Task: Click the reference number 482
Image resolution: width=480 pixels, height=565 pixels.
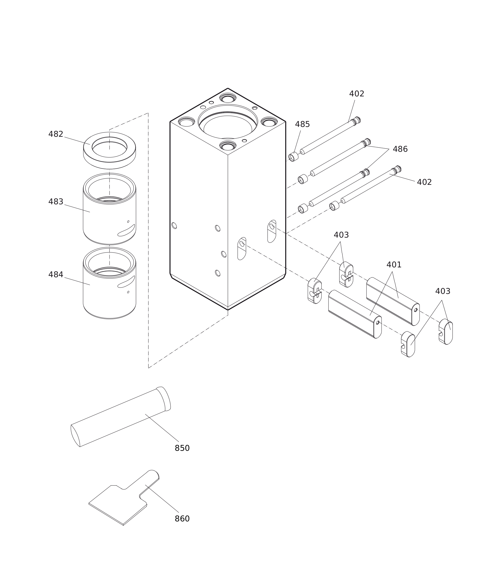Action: coord(56,134)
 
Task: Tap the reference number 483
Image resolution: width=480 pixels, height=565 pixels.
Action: coord(56,202)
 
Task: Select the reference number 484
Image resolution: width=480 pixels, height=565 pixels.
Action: coord(56,275)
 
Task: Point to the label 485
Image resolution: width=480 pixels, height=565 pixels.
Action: coord(302,124)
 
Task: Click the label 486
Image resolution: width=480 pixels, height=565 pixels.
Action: coord(400,149)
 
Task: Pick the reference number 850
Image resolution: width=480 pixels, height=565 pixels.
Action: coord(182,448)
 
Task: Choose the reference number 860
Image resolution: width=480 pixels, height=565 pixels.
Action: coord(182,519)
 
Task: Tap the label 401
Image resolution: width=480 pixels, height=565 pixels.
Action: coord(394,265)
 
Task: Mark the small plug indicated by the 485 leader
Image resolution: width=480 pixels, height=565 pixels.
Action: coord(293,157)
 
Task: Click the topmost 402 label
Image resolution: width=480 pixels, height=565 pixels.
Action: coord(356,94)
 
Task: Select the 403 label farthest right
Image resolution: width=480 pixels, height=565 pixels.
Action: coord(443,292)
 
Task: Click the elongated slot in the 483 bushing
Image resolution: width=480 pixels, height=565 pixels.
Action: coord(126,231)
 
